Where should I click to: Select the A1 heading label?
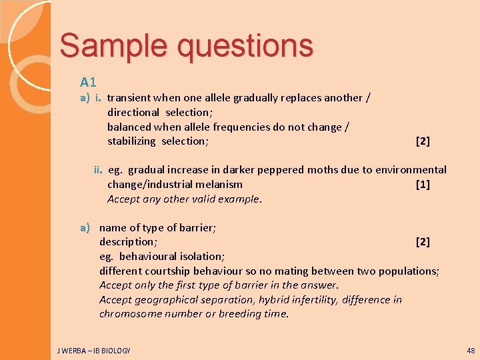click(x=89, y=82)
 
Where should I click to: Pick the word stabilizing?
click(x=131, y=141)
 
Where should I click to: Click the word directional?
click(x=133, y=112)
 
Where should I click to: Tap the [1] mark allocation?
click(x=423, y=184)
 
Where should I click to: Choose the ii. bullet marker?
click(x=98, y=170)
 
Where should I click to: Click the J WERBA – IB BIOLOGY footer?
click(x=95, y=350)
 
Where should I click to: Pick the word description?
click(x=128, y=241)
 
